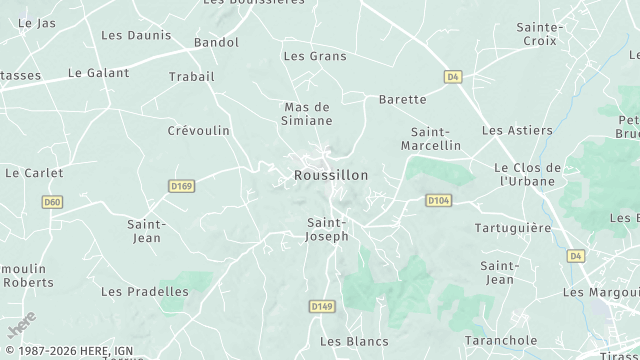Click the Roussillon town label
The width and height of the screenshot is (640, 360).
pyautogui.click(x=331, y=175)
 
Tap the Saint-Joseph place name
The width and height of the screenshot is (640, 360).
pyautogui.click(x=327, y=229)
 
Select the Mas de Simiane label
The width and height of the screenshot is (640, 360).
pyautogui.click(x=307, y=113)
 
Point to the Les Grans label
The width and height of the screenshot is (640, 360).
pyautogui.click(x=315, y=56)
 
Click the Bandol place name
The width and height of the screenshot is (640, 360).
pyautogui.click(x=216, y=42)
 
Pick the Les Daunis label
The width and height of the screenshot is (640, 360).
pyautogui.click(x=136, y=35)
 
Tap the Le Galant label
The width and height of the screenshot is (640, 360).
pyautogui.click(x=99, y=73)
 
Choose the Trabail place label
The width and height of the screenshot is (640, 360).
pyautogui.click(x=192, y=77)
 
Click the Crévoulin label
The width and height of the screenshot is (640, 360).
pyautogui.click(x=198, y=131)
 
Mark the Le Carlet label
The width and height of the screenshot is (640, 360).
pyautogui.click(x=34, y=173)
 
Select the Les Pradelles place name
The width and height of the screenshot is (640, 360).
pyautogui.click(x=145, y=292)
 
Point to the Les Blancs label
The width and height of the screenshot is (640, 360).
pyautogui.click(x=354, y=341)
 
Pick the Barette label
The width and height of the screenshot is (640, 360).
pyautogui.click(x=403, y=99)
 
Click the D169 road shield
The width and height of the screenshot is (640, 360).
pyautogui.click(x=181, y=185)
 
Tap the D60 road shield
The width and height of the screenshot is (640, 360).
pyautogui.click(x=53, y=202)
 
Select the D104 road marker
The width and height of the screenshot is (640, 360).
pyautogui.click(x=438, y=200)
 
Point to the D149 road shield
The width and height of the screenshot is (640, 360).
pyautogui.click(x=321, y=306)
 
